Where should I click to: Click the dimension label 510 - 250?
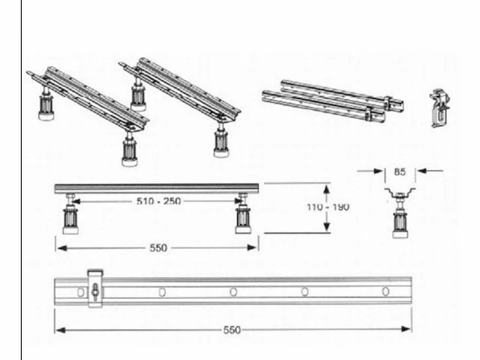point(158,201)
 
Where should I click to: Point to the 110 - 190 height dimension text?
point(328,207)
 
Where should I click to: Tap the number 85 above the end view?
point(400,172)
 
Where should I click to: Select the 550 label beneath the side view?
point(158,247)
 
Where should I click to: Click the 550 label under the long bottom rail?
point(232,330)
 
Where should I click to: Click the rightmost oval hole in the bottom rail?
point(385,292)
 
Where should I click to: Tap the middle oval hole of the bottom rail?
point(233,292)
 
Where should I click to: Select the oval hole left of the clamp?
point(80,292)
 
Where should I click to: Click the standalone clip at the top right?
point(440,107)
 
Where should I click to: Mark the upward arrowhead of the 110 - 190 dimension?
point(327,189)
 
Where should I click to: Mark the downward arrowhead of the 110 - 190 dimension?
point(327,226)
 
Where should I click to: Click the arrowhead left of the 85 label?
point(378,171)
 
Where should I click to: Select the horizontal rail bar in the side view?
point(157,188)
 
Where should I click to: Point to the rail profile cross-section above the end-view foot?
point(400,193)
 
